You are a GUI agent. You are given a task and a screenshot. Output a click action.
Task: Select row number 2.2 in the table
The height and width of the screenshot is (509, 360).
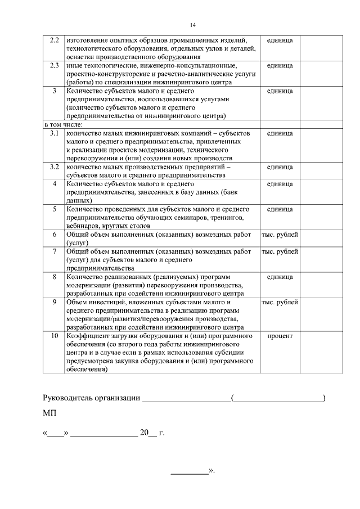[55, 40]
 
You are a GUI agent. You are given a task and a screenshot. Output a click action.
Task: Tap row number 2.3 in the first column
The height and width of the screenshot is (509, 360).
[55, 66]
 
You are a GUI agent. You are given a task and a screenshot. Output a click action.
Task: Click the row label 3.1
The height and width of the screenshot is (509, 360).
[55, 133]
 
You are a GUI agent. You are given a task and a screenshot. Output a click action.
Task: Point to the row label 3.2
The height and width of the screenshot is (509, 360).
[55, 167]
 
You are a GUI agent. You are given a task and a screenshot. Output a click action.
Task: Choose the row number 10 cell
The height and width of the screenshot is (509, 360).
[55, 336]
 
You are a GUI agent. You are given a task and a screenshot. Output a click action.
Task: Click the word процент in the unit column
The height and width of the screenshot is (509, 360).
[280, 336]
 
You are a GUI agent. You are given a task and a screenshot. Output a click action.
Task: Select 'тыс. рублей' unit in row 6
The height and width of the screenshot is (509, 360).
[280, 235]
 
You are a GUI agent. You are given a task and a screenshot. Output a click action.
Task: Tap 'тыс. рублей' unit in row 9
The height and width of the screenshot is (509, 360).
[280, 302]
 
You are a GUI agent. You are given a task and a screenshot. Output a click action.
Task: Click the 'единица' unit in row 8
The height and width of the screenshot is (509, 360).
[280, 277]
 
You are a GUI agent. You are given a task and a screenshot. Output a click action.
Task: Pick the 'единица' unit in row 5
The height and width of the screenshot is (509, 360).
[280, 209]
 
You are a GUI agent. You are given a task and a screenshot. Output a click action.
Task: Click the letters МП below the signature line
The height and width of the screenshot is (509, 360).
[49, 413]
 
